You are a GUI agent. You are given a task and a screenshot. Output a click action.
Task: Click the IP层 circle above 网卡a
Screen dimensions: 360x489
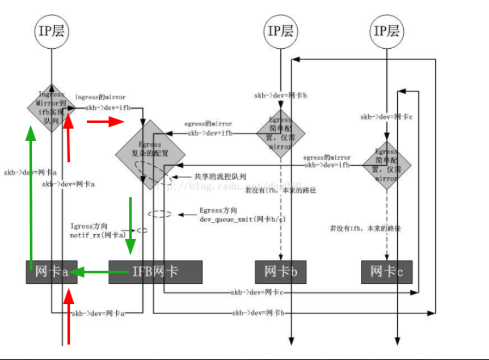pyautogui.click(x=52, y=31)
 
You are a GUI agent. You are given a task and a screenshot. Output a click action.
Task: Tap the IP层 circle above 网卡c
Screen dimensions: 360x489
pyautogui.click(x=386, y=31)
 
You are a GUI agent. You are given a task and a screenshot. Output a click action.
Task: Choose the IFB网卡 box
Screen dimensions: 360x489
pyautogui.click(x=155, y=272)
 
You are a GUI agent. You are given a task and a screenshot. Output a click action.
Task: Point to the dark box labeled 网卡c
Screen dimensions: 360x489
pyautogui.click(x=387, y=272)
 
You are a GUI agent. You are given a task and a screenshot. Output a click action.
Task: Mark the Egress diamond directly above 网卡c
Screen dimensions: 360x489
pyautogui.click(x=387, y=165)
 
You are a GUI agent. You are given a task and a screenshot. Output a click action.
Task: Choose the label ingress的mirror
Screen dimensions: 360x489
pyautogui.click(x=100, y=98)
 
